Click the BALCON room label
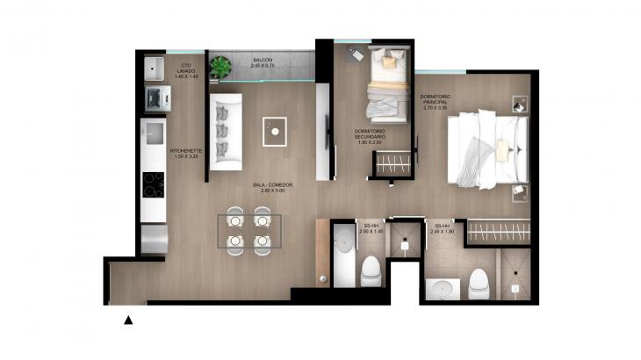click(x=263, y=62)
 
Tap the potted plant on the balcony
click(x=219, y=65)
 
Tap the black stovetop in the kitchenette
click(x=154, y=185)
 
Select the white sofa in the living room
click(x=225, y=131)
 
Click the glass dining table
click(x=249, y=232)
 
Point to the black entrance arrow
click(x=128, y=320)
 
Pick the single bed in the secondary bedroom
click(x=386, y=88)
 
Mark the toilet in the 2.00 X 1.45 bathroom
click(x=370, y=270)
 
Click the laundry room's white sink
click(x=156, y=68)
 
